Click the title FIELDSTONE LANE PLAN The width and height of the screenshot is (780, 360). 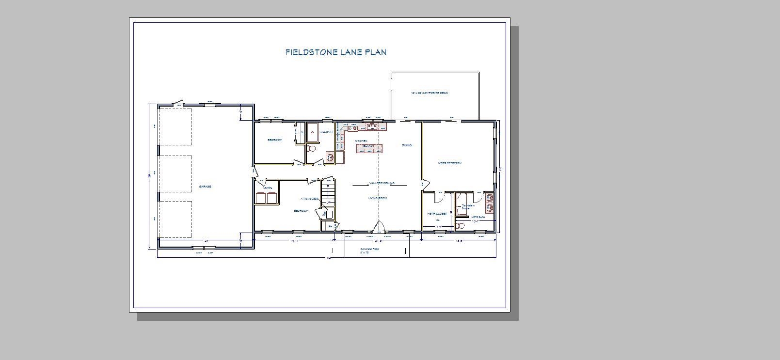335,52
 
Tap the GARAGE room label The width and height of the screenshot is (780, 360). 205,187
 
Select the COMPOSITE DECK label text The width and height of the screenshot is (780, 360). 430,93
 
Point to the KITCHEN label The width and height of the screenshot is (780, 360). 361,141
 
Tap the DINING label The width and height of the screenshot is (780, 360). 407,145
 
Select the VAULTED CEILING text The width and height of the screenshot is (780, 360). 382,183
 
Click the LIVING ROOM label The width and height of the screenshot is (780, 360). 378,198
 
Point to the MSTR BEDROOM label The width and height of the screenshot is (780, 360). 450,163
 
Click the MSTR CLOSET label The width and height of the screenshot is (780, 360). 437,213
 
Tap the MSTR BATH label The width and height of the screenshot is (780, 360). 478,217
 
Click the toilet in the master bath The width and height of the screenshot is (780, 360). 461,226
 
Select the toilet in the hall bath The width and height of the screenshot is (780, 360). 312,149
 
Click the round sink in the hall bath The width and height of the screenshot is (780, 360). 330,157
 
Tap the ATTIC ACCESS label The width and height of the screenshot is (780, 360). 309,199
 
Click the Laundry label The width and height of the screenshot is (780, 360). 268,188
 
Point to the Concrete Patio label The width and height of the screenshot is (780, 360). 370,249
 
